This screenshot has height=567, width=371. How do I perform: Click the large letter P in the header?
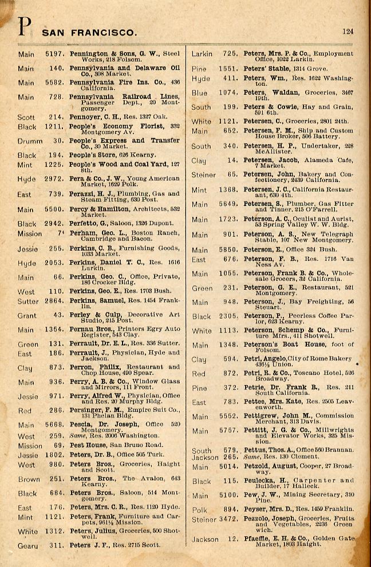click(24, 27)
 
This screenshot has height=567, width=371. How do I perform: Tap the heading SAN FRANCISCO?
click(89, 33)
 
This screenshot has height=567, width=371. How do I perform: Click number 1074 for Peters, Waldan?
click(227, 92)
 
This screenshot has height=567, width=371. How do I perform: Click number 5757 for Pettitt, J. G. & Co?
click(227, 430)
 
